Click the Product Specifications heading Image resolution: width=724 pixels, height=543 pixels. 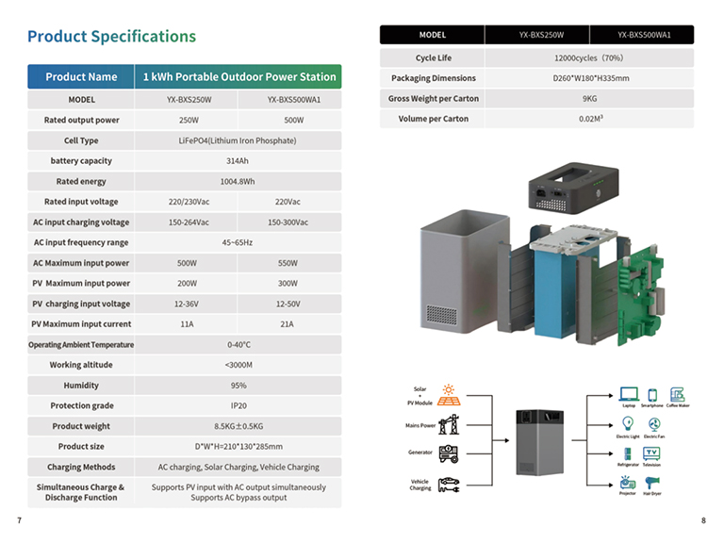[x=111, y=37]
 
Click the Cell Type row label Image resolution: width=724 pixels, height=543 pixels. [x=81, y=140]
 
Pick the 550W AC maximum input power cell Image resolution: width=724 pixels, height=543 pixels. [x=288, y=263]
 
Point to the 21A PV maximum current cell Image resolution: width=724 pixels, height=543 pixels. [x=288, y=324]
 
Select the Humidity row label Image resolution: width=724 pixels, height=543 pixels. [x=81, y=386]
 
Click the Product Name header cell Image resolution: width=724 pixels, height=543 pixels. [x=81, y=76]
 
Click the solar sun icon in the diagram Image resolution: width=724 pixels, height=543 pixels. [x=450, y=388]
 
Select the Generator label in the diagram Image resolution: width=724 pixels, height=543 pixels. [x=420, y=452]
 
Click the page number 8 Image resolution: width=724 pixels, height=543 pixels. [x=703, y=520]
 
